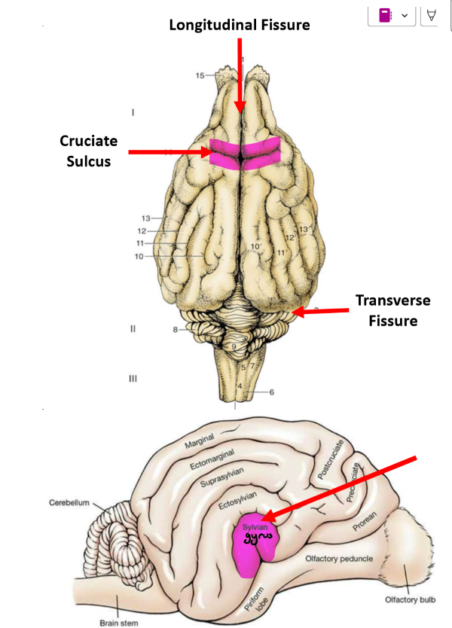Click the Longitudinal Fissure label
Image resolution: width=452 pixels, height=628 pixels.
(240, 25)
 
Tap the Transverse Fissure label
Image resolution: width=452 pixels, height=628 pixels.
(392, 310)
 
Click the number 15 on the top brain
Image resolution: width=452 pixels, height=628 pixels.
(200, 75)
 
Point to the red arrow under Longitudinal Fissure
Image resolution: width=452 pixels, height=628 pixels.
(240, 75)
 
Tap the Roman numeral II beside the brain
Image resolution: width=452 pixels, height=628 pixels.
(133, 329)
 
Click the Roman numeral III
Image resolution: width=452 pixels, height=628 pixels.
(133, 379)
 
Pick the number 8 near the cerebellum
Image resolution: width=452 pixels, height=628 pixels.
(175, 329)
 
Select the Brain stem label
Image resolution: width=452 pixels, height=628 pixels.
(118, 623)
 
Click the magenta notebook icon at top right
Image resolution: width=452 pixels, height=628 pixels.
(384, 15)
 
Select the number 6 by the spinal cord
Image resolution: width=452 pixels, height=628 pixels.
(270, 392)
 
